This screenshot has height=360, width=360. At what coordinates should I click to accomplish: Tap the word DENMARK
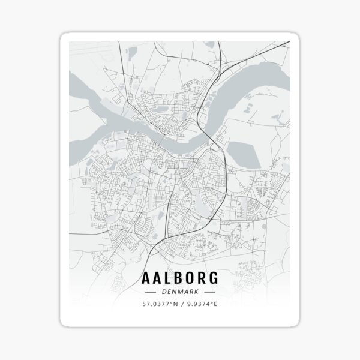180,292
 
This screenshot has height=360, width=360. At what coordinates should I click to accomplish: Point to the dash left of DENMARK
150,292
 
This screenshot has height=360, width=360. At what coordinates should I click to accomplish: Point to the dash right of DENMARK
210,292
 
